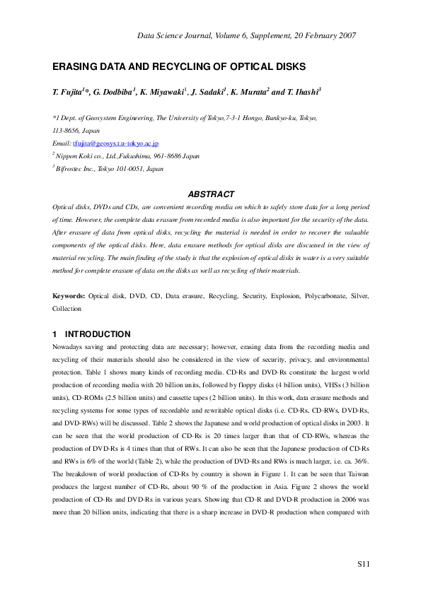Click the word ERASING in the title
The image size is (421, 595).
pyautogui.click(x=75, y=67)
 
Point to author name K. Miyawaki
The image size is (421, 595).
pyautogui.click(x=159, y=93)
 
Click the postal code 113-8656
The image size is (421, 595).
pyautogui.click(x=67, y=131)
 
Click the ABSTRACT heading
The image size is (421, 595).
pyautogui.click(x=210, y=194)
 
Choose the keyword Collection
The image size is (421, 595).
pyautogui.click(x=67, y=309)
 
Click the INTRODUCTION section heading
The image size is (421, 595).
pyautogui.click(x=98, y=334)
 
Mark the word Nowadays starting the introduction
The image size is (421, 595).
pyautogui.click(x=71, y=347)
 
